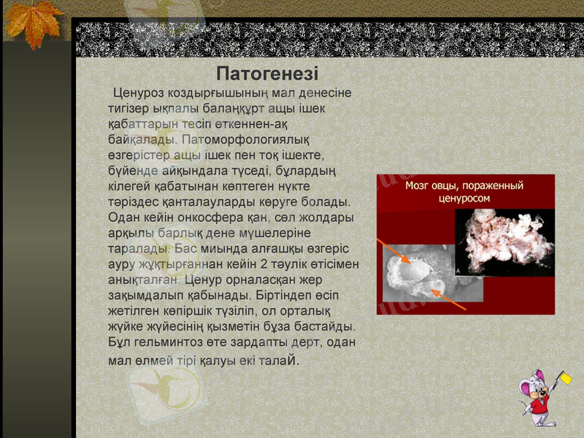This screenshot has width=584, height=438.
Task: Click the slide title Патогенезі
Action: [x=267, y=74]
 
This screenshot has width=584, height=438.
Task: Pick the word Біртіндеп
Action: [x=285, y=296]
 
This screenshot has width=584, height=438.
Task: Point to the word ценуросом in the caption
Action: [x=464, y=198]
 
